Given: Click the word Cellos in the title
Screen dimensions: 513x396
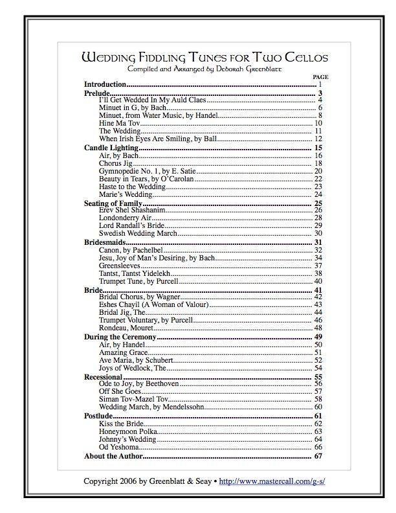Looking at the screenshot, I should coord(305,58).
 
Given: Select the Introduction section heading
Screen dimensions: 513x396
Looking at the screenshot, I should coord(105,85).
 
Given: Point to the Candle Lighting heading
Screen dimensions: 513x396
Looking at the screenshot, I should coord(111,148).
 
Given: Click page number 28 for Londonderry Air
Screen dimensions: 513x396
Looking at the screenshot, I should coord(318,218).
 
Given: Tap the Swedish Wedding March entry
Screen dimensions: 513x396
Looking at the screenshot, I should coord(137,233).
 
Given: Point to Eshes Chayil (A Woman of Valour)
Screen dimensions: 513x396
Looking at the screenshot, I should coord(153,304).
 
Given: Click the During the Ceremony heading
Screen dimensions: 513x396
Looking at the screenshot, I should coord(120,337).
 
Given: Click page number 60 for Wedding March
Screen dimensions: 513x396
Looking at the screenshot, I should coord(318,407).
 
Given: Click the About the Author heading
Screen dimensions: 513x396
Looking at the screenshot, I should coord(113,456).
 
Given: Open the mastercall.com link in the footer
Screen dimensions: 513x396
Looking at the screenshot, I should coord(271,481).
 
